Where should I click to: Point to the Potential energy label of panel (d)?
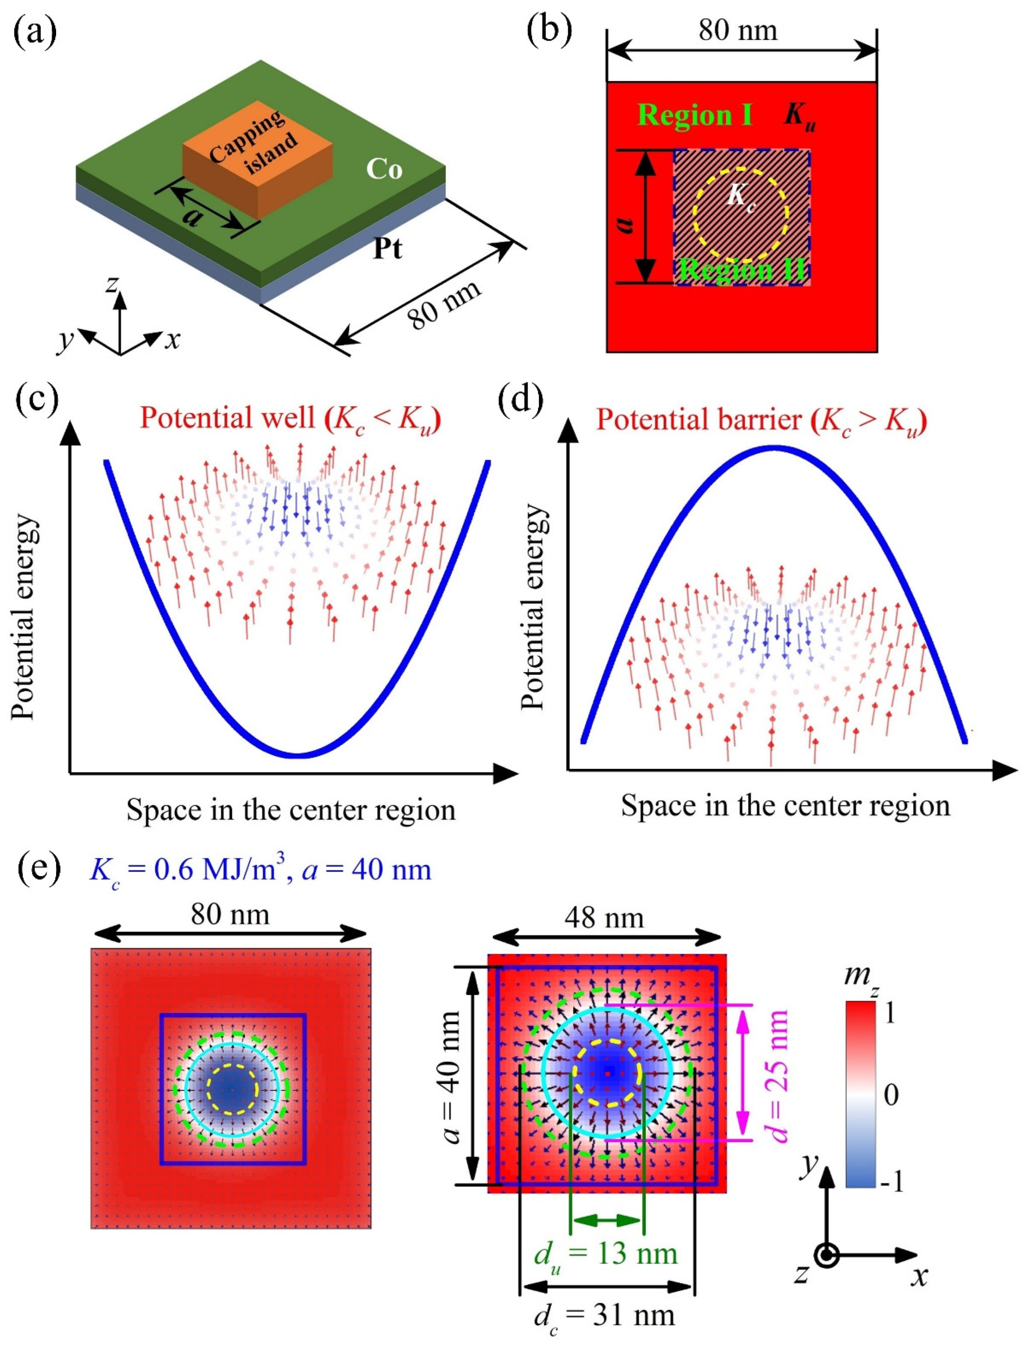(533, 607)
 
